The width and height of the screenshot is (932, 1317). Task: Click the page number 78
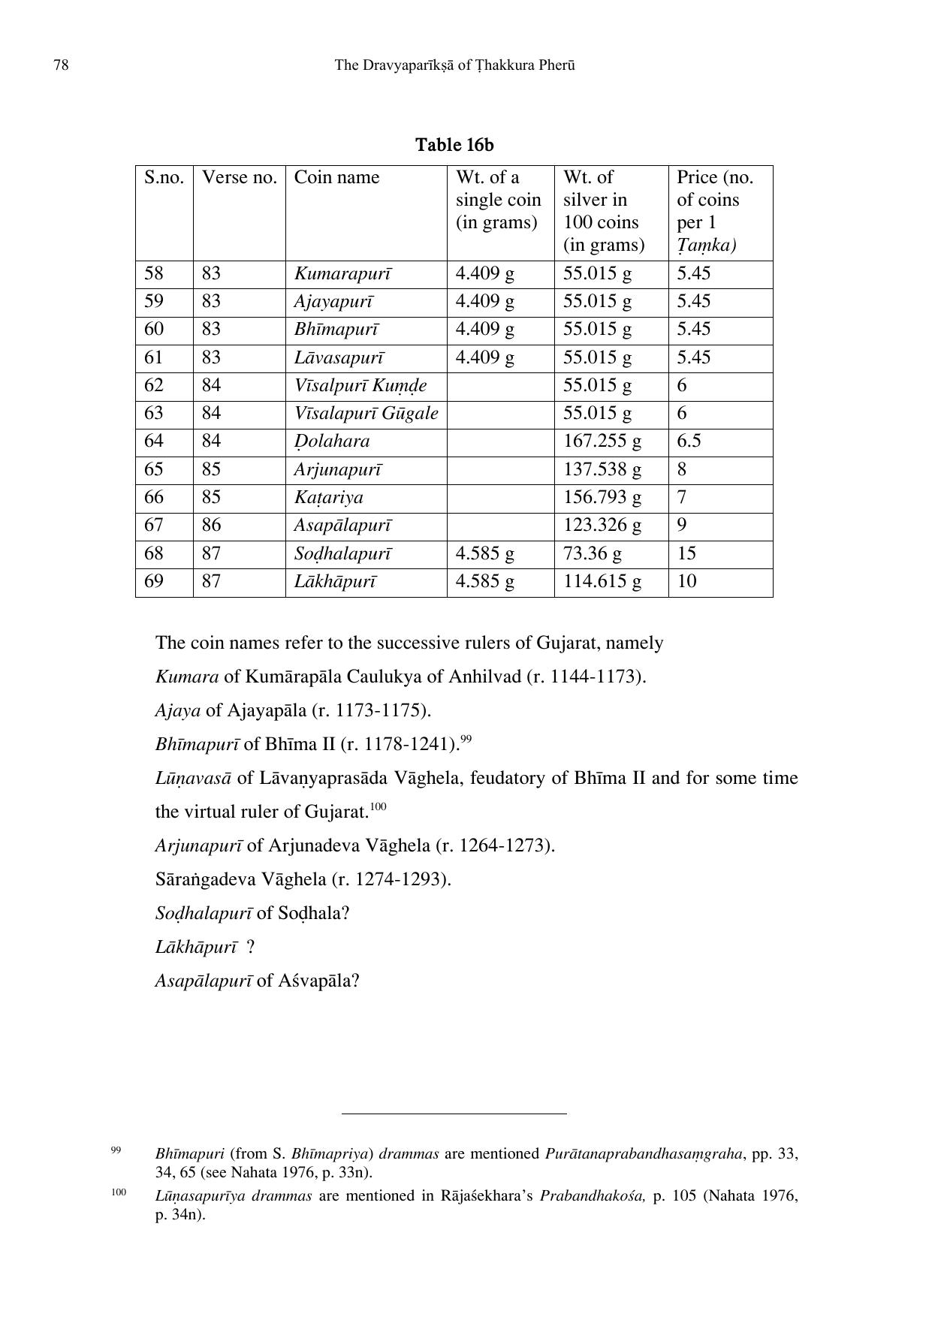click(x=62, y=65)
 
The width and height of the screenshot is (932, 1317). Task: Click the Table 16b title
click(x=454, y=144)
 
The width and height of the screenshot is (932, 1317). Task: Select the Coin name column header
click(x=336, y=177)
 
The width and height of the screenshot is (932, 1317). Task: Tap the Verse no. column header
click(x=239, y=177)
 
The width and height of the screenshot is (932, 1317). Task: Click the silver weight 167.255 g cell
click(x=602, y=442)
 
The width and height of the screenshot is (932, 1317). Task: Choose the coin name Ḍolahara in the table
click(x=332, y=442)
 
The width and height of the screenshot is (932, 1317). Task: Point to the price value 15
click(x=686, y=553)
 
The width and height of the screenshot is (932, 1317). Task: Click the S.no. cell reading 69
click(x=154, y=581)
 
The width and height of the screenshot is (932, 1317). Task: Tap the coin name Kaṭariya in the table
click(x=328, y=497)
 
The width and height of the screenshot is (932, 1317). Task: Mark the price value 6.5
click(x=689, y=442)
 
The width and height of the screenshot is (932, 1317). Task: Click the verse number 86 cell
click(x=211, y=525)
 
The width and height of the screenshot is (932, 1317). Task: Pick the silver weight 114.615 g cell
click(x=602, y=581)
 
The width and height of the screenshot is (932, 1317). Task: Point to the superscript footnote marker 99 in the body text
click(x=466, y=740)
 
